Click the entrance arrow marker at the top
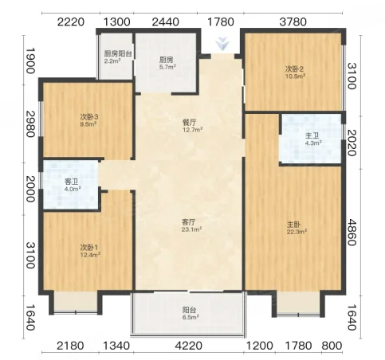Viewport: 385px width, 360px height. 222,44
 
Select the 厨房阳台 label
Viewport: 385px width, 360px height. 118,54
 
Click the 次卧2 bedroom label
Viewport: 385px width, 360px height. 294,69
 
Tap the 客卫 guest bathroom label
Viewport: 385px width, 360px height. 72,182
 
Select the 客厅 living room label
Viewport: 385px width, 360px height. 189,221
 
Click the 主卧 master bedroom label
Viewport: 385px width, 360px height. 294,225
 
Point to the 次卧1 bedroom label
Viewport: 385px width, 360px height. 89,248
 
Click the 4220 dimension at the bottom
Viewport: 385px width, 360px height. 189,346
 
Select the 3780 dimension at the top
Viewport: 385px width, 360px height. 293,22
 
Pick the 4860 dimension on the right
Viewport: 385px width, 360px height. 352,233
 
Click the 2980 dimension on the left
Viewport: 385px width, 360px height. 30,124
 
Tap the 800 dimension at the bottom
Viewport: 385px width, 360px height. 332,346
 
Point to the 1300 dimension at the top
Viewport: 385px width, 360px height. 117,22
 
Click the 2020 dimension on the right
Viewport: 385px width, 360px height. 352,143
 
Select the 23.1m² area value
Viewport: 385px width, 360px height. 191,229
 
